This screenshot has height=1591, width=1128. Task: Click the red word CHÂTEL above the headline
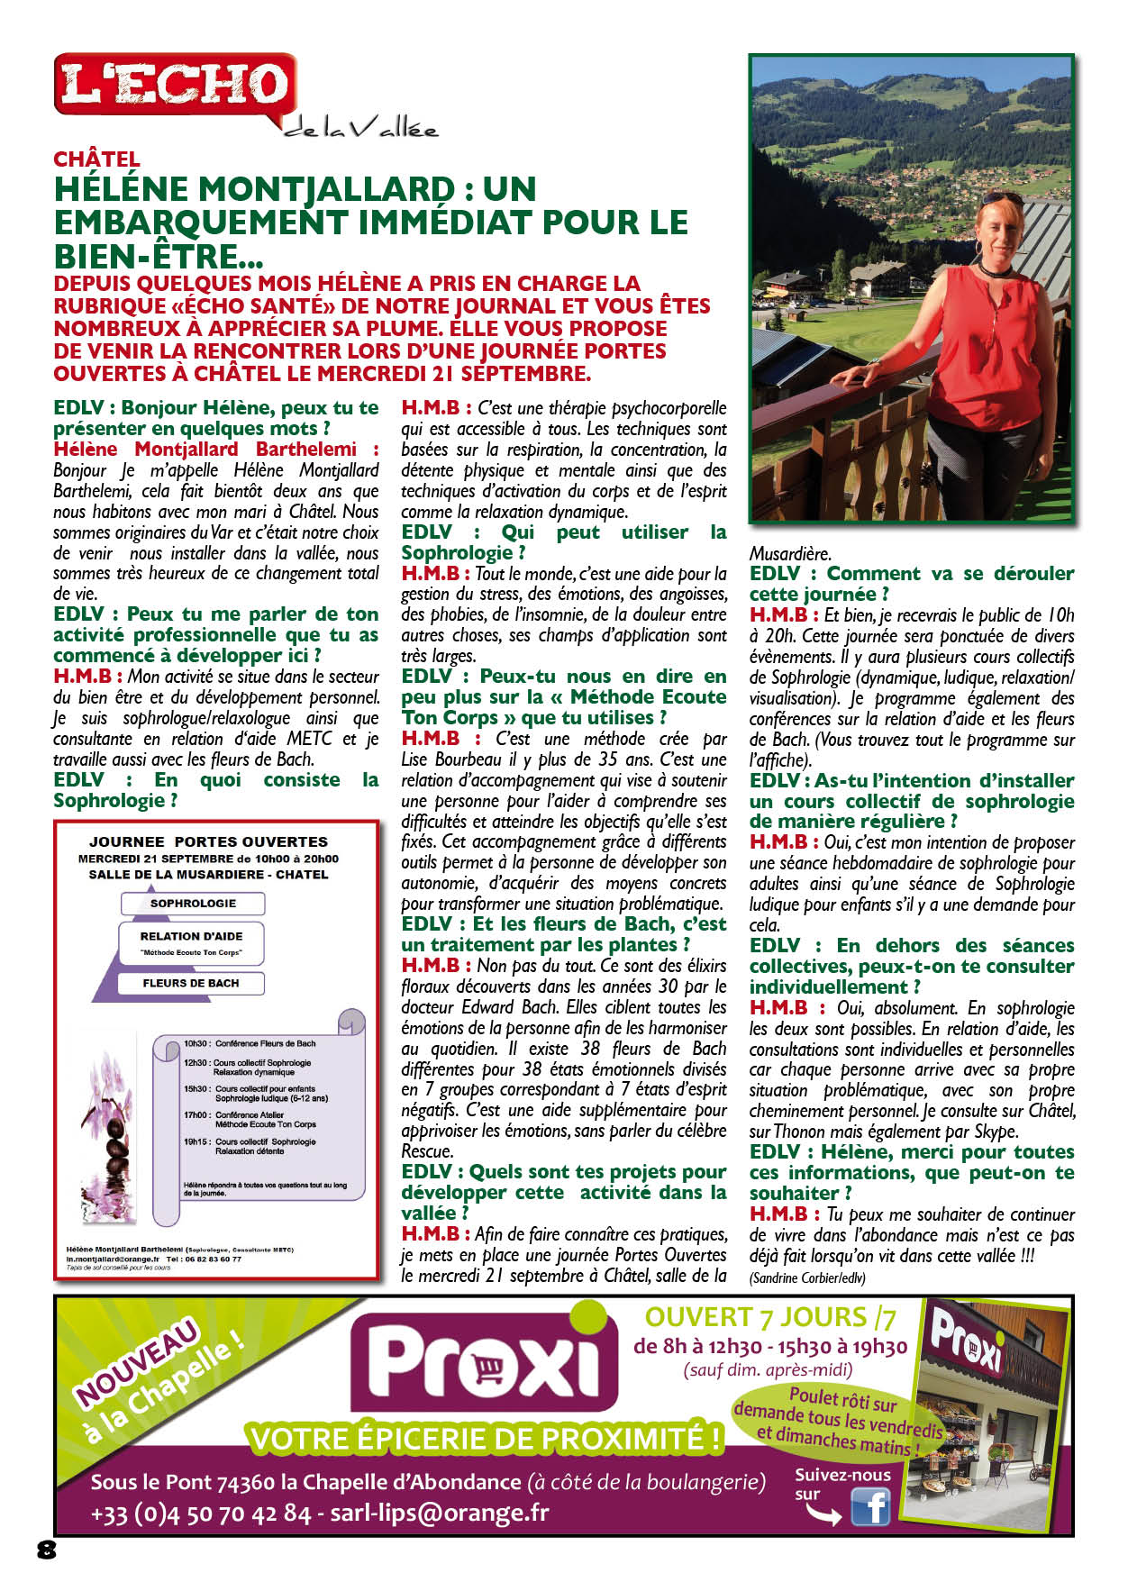[x=96, y=159]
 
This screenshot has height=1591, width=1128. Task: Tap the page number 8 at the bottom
[x=47, y=1549]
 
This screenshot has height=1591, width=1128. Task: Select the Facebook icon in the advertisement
[x=869, y=1506]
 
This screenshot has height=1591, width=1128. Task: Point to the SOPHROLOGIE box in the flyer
[x=193, y=904]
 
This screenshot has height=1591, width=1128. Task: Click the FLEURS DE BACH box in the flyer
[x=191, y=984]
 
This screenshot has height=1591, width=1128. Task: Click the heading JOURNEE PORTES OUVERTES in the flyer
[x=208, y=841]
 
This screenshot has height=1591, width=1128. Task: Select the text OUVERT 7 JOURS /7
[x=770, y=1317]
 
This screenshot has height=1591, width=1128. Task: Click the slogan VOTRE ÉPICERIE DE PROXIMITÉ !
[x=486, y=1439]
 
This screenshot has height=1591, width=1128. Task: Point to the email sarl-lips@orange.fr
[x=439, y=1514]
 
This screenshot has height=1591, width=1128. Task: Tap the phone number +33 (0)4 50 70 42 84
[x=201, y=1514]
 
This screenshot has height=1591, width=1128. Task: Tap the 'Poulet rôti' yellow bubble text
[x=839, y=1421]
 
